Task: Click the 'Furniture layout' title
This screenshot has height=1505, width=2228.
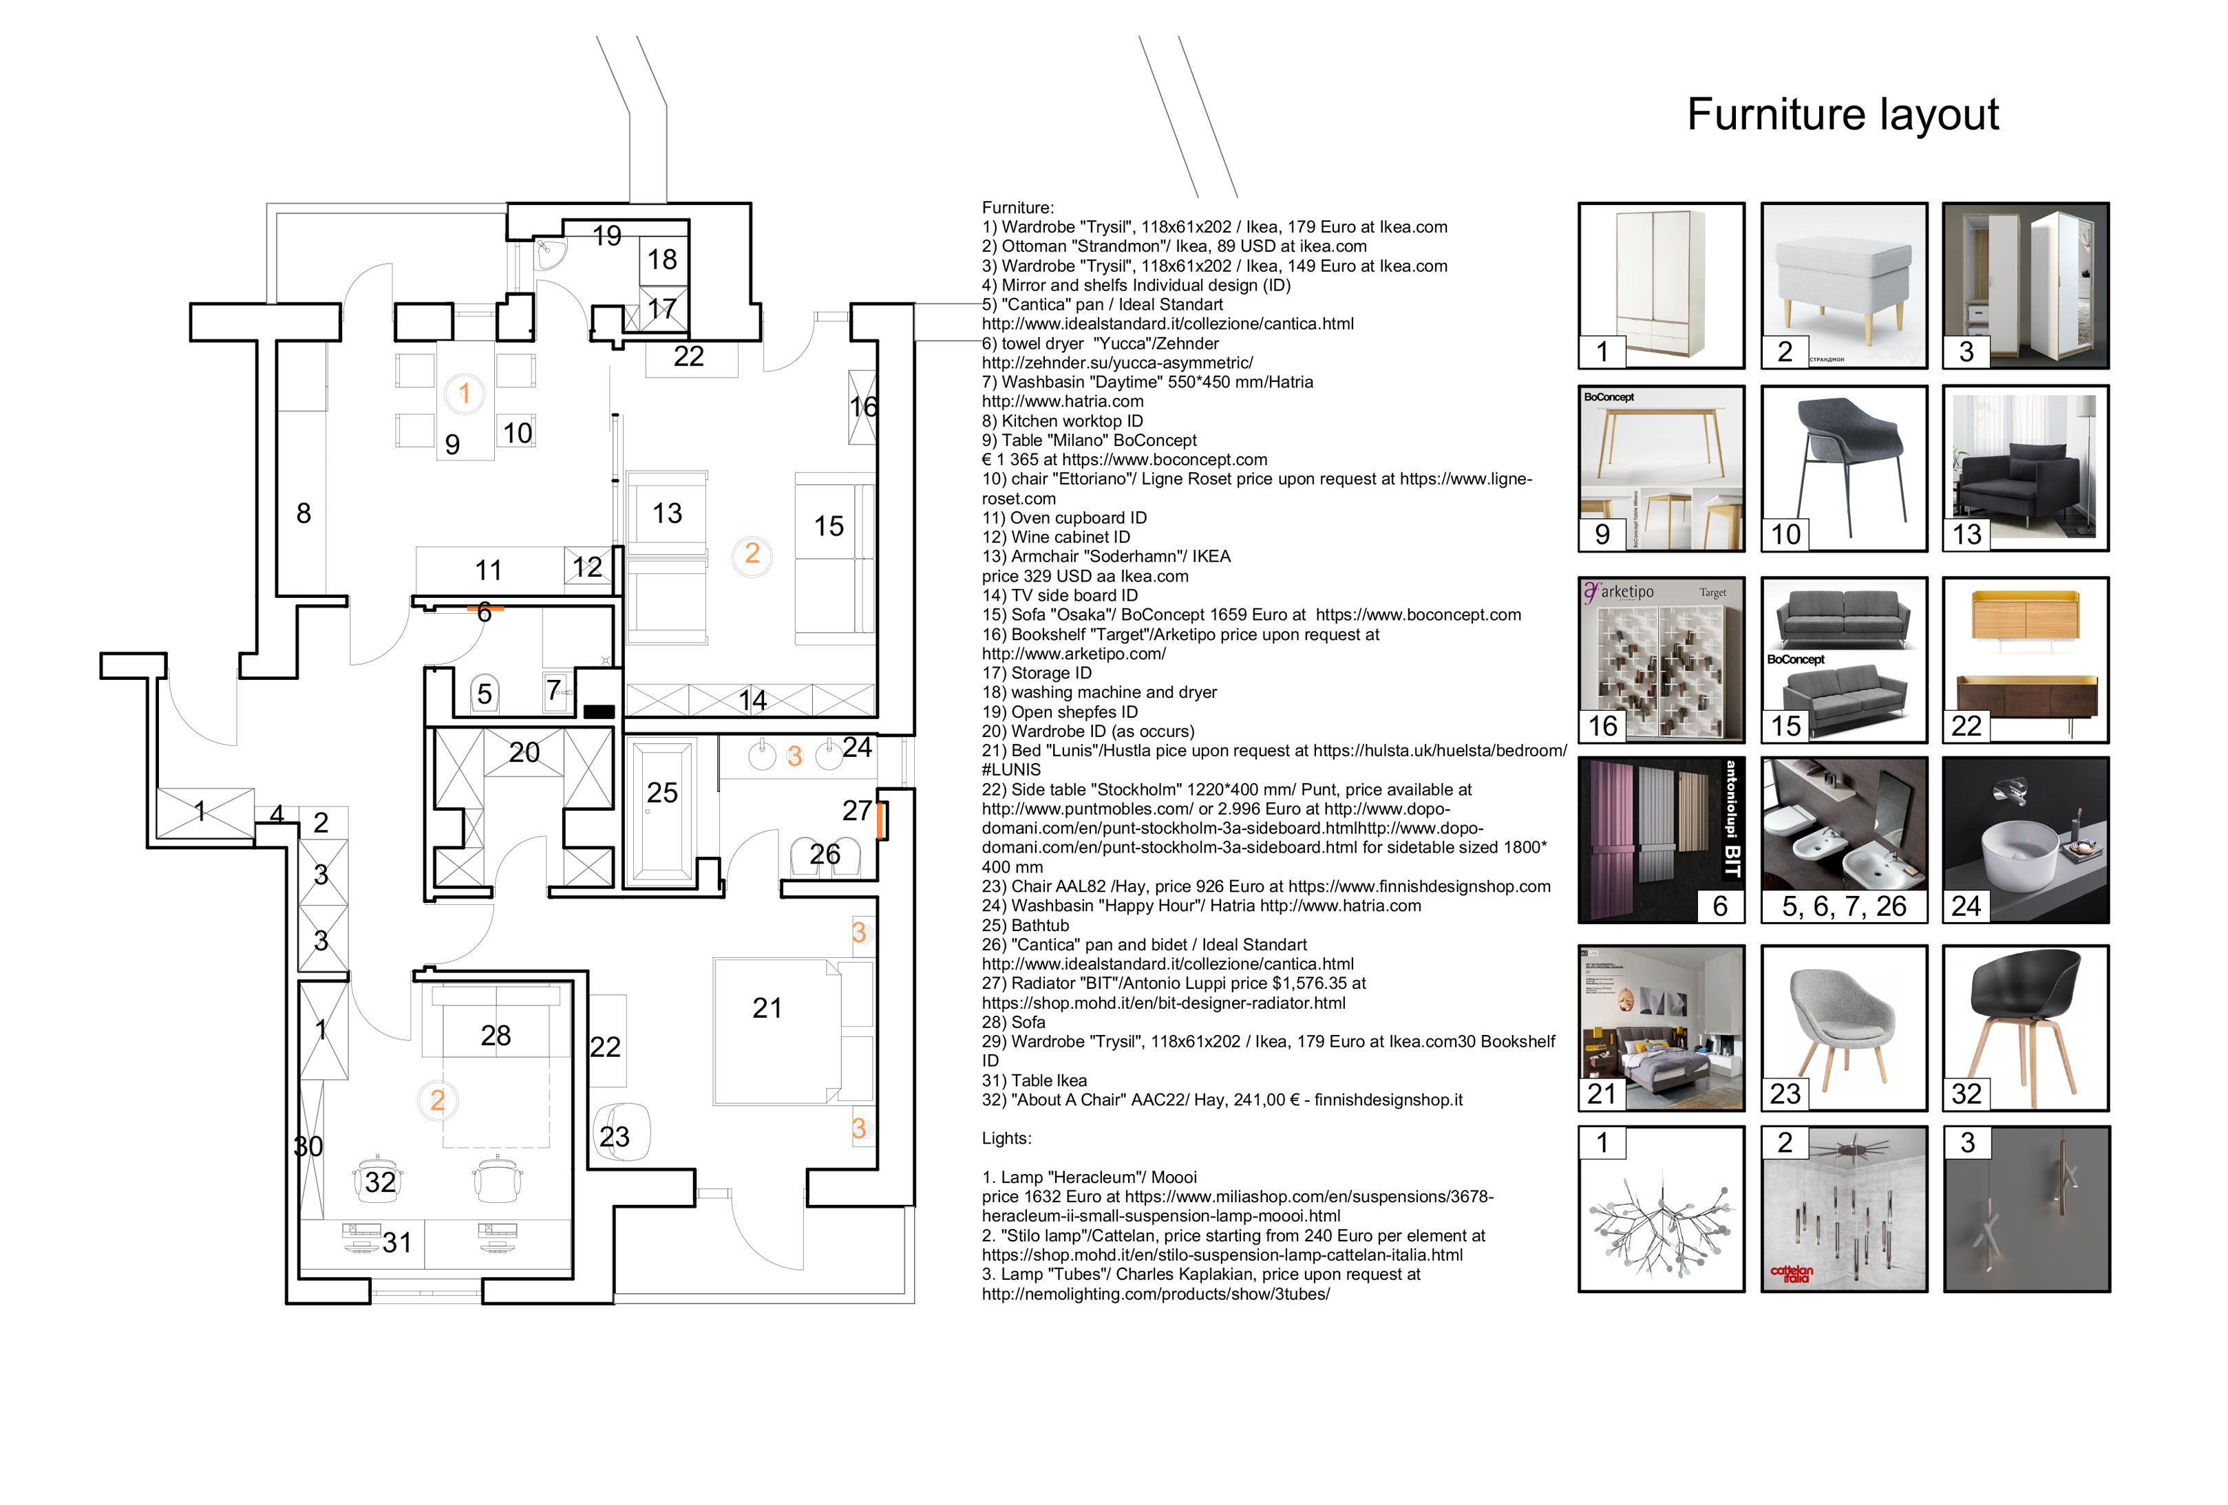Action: (x=1842, y=115)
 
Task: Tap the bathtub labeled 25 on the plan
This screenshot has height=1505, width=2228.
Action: (x=661, y=810)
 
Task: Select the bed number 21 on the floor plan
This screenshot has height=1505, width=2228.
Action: (x=776, y=1030)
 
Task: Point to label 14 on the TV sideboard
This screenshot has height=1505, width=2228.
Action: (x=752, y=701)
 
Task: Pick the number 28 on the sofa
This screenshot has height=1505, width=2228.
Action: (x=496, y=1035)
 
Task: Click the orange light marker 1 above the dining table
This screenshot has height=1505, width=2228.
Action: (x=464, y=393)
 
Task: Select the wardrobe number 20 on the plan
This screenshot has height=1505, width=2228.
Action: (x=524, y=753)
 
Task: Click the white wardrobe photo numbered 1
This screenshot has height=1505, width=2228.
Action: (x=1660, y=285)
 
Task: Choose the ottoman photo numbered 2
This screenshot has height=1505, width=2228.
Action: (x=1843, y=285)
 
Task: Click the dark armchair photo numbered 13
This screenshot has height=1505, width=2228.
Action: (x=2025, y=468)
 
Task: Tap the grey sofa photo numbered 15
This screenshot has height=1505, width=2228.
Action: (x=1843, y=659)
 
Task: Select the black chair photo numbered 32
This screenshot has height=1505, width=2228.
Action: (x=2025, y=1027)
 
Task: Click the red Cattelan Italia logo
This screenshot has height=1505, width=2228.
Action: (x=1791, y=1273)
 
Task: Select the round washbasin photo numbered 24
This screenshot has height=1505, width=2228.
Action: (x=2025, y=840)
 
